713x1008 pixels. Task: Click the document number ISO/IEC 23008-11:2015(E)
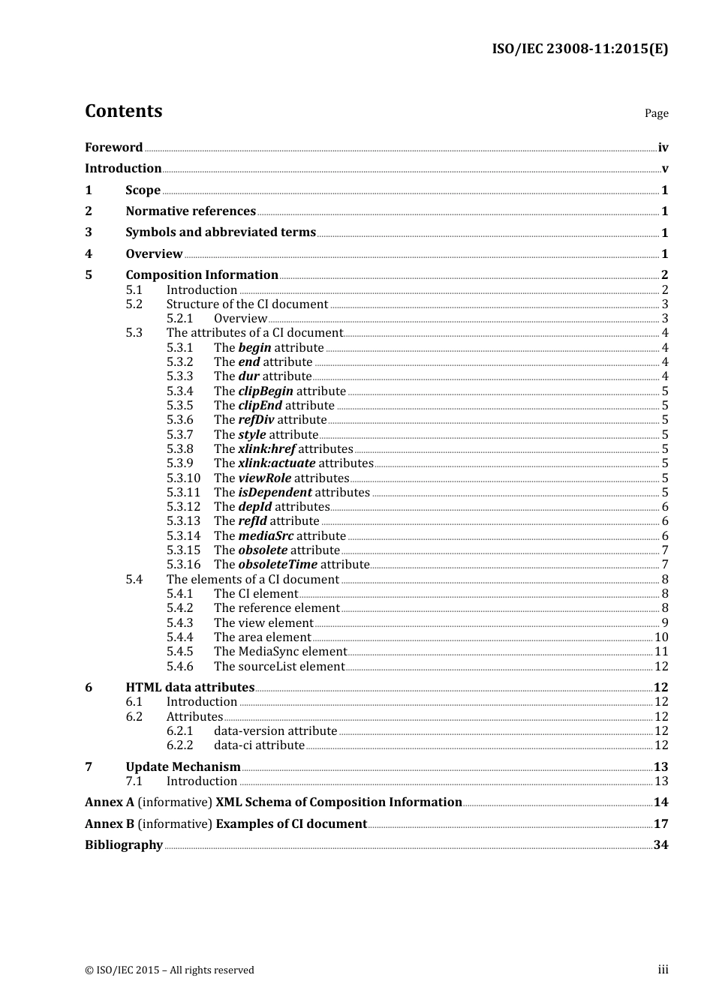(579, 49)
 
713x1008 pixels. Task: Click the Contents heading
(123, 111)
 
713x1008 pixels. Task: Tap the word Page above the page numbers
(656, 113)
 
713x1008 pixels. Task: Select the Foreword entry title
(113, 148)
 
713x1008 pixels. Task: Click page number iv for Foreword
(663, 148)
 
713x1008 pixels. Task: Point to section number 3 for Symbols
(89, 232)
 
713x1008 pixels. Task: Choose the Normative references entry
(191, 211)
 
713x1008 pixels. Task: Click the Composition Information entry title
(202, 275)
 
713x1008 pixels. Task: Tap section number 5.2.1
(179, 319)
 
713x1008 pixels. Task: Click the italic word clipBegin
(265, 391)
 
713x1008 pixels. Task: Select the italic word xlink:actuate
(276, 463)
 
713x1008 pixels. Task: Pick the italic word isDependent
(275, 493)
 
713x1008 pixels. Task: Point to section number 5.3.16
(183, 565)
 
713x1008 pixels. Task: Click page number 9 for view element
(665, 623)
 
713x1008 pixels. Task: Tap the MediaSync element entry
(280, 652)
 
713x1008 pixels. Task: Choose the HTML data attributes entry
(190, 688)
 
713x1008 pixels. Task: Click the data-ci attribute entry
(259, 745)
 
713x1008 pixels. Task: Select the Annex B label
(110, 824)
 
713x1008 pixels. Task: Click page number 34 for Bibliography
(660, 845)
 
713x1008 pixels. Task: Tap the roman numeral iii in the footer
(663, 970)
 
